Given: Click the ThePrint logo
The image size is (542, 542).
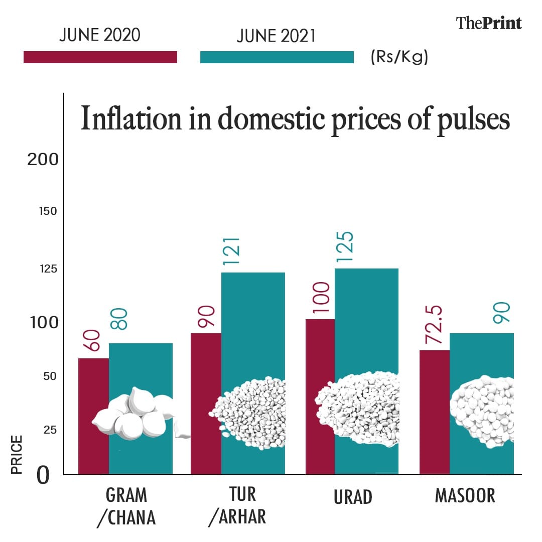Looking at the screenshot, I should pyautogui.click(x=488, y=23).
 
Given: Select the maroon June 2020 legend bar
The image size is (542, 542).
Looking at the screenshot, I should pyautogui.click(x=100, y=57).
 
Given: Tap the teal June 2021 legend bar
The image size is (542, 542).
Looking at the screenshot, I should pyautogui.click(x=277, y=57).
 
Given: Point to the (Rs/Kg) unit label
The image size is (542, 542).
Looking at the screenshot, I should pyautogui.click(x=399, y=57).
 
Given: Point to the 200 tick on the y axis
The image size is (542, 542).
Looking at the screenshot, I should pyautogui.click(x=43, y=160).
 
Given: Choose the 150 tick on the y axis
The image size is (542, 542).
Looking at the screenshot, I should pyautogui.click(x=48, y=211).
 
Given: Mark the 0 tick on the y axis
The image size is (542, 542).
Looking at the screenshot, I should pyautogui.click(x=43, y=475).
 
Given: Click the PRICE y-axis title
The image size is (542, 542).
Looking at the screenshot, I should pyautogui.click(x=17, y=454).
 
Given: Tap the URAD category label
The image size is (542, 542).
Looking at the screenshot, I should pyautogui.click(x=353, y=496).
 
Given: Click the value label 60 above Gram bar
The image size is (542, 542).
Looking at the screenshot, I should pyautogui.click(x=93, y=341).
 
